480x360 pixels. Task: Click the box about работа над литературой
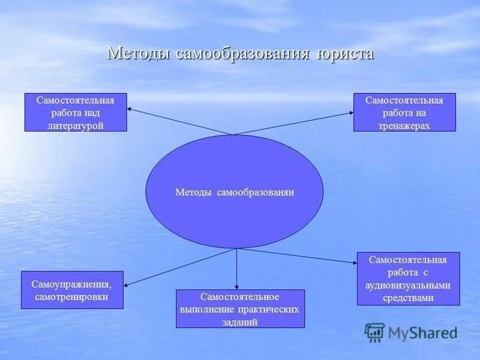76,112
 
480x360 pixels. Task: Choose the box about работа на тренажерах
404,112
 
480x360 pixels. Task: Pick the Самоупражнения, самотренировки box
72,290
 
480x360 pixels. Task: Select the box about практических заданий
240,308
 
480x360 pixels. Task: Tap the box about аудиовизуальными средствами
408,278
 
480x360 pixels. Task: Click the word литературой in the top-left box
76,125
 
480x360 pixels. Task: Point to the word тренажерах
404,125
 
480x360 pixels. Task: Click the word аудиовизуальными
408,285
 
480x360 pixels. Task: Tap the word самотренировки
73,297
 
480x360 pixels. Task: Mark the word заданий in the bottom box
240,322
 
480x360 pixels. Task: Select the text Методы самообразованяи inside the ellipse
235,193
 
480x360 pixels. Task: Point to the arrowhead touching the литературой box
131,108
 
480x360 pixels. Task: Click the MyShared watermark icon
374,332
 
